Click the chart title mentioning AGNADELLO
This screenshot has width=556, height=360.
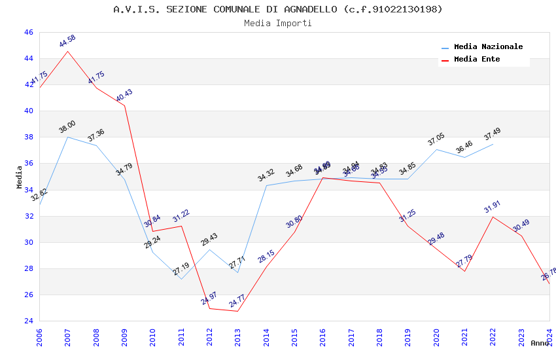tap(278, 9)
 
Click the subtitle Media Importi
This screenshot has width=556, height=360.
tap(278, 23)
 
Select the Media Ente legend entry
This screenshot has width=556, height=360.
tap(477, 59)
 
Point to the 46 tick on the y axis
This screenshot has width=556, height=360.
tap(28, 32)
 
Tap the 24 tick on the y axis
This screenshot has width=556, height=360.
tap(28, 321)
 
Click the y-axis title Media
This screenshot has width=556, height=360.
tap(20, 177)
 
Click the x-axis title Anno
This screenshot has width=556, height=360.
tap(540, 343)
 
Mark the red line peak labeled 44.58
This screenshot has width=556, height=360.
tap(68, 51)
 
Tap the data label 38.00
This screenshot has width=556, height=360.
tap(67, 127)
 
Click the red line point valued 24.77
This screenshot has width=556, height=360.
tap(238, 311)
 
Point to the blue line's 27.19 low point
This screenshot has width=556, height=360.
tap(181, 279)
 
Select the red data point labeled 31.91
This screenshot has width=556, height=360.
tap(493, 217)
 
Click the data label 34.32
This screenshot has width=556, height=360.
tap(266, 175)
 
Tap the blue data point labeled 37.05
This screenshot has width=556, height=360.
tap(436, 149)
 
